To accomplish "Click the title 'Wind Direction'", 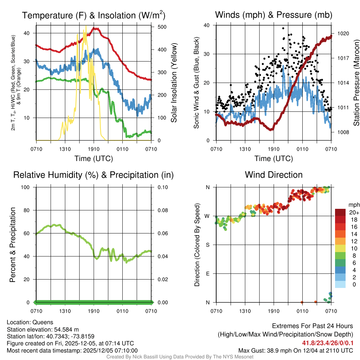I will (x=274, y=175).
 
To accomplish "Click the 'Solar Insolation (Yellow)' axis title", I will (x=174, y=83).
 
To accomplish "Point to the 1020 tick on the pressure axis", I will (x=343, y=34).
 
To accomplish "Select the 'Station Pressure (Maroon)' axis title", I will (x=356, y=83).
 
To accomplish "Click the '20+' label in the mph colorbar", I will (x=354, y=213).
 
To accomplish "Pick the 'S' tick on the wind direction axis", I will (x=208, y=245).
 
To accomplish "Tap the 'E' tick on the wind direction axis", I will (x=208, y=274).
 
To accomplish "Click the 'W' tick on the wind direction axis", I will (x=208, y=216).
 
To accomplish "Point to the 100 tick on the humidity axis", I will (x=28, y=187).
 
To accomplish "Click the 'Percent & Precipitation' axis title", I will (x=13, y=245).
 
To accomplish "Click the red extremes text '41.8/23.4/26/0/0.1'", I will (x=327, y=343).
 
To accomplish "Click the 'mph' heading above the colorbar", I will (x=353, y=205).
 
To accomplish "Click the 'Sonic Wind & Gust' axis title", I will (x=197, y=83).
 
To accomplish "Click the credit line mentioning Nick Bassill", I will (x=180, y=357).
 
